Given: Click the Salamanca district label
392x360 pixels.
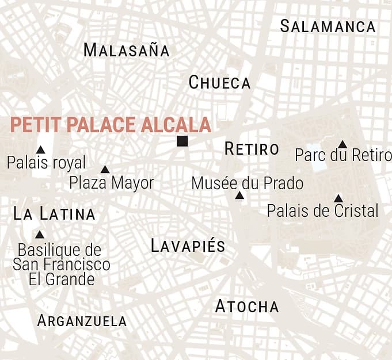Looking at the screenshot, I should pos(328,26).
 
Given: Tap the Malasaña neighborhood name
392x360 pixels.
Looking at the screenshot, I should pos(127,50).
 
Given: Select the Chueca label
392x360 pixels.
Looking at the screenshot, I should pos(220,83).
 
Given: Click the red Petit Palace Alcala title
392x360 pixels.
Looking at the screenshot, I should pos(111,125).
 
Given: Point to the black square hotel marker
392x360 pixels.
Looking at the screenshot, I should pos(182,141).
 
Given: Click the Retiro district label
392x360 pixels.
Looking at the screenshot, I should pos(252,149).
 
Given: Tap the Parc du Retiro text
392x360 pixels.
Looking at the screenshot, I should pos(342,155).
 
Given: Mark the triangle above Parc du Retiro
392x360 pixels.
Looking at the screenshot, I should pos(342,144).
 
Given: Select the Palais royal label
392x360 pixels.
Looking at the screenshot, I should pos(46,163).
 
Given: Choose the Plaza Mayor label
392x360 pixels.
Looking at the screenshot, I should pos(112,183).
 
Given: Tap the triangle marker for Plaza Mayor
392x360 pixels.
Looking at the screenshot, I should pos(105,170).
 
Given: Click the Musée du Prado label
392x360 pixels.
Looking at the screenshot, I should pos(247,183).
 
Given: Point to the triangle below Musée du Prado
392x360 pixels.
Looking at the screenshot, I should pos(239,196).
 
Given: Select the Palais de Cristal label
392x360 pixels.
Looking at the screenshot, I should pos(322,210).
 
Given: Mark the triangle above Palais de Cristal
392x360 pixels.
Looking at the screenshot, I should pos(338,198).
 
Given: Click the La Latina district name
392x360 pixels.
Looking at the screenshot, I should pos(54,215).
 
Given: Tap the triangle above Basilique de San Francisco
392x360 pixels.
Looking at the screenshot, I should pos(39,235).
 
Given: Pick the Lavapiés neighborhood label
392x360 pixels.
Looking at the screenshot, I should pos(188,246).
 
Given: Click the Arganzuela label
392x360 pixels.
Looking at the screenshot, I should pos(82,321).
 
